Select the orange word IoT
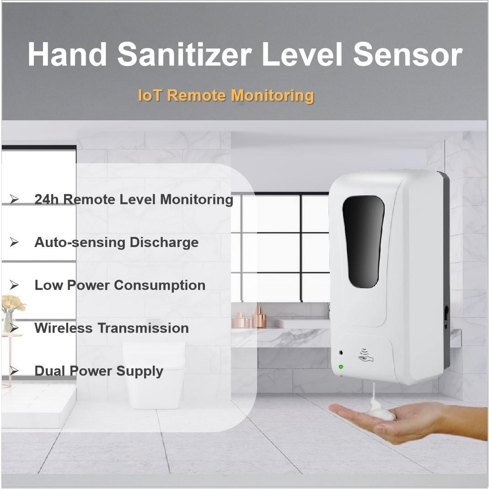click(150, 95)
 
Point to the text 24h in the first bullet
click(47, 199)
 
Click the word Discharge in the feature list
click(164, 242)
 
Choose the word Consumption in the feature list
click(160, 285)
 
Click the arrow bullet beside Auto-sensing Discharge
click(15, 242)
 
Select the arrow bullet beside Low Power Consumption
click(15, 285)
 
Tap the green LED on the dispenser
click(341, 366)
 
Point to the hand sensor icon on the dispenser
click(365, 355)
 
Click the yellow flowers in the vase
click(12, 303)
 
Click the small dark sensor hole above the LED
click(341, 353)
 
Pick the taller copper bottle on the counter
click(259, 317)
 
